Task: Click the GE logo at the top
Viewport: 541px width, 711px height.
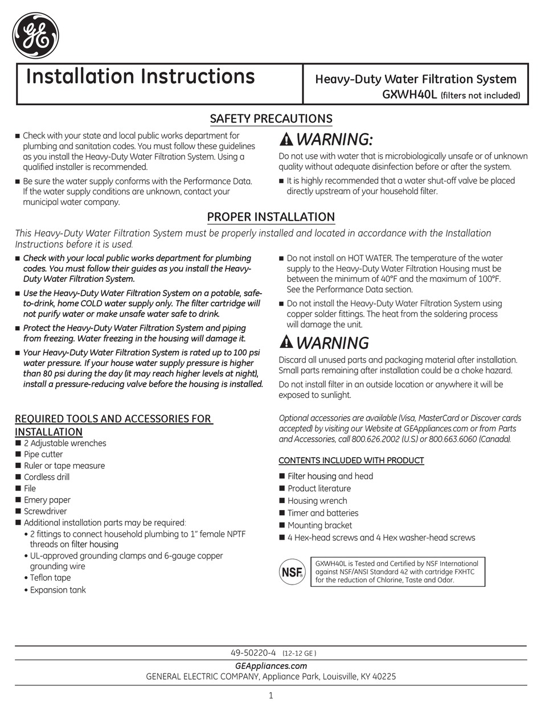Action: [x=35, y=36]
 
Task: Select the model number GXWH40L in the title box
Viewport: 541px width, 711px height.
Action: [x=409, y=94]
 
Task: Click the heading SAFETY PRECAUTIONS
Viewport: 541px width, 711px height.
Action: [x=271, y=118]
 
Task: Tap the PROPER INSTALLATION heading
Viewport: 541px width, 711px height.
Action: [x=270, y=217]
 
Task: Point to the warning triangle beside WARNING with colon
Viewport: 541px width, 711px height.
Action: [x=286, y=139]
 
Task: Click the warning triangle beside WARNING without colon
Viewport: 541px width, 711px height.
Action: [x=286, y=342]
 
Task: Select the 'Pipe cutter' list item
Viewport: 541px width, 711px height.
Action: [x=43, y=454]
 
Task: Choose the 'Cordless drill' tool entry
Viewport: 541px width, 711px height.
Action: [x=47, y=477]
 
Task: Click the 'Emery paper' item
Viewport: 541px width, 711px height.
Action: [x=47, y=500]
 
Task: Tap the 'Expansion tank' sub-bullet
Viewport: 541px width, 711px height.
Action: [x=58, y=590]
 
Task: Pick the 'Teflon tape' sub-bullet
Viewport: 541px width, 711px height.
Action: [x=50, y=578]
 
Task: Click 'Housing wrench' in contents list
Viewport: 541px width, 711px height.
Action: [x=317, y=500]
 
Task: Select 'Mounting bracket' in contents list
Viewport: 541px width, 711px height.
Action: [x=319, y=525]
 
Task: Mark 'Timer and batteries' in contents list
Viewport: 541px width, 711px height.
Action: [x=323, y=513]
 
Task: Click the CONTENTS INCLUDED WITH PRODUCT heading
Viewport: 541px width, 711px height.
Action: [x=351, y=460]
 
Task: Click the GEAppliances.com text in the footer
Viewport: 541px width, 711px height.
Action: [x=270, y=665]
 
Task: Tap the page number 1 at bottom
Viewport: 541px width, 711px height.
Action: [x=271, y=695]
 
